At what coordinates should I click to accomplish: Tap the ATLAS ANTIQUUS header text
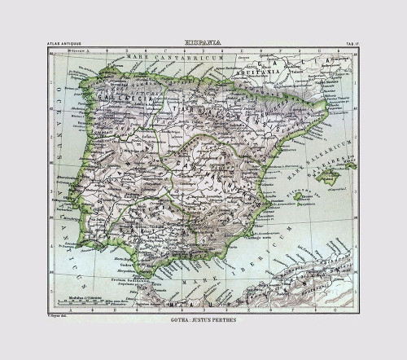[x=64, y=42]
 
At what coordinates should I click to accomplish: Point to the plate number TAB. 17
[x=345, y=42]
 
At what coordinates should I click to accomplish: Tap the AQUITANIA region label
[x=277, y=71]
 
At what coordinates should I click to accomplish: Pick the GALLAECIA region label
[x=110, y=94]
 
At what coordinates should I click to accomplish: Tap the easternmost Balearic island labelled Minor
[x=351, y=165]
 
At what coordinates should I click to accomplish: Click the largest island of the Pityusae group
[x=297, y=195]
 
